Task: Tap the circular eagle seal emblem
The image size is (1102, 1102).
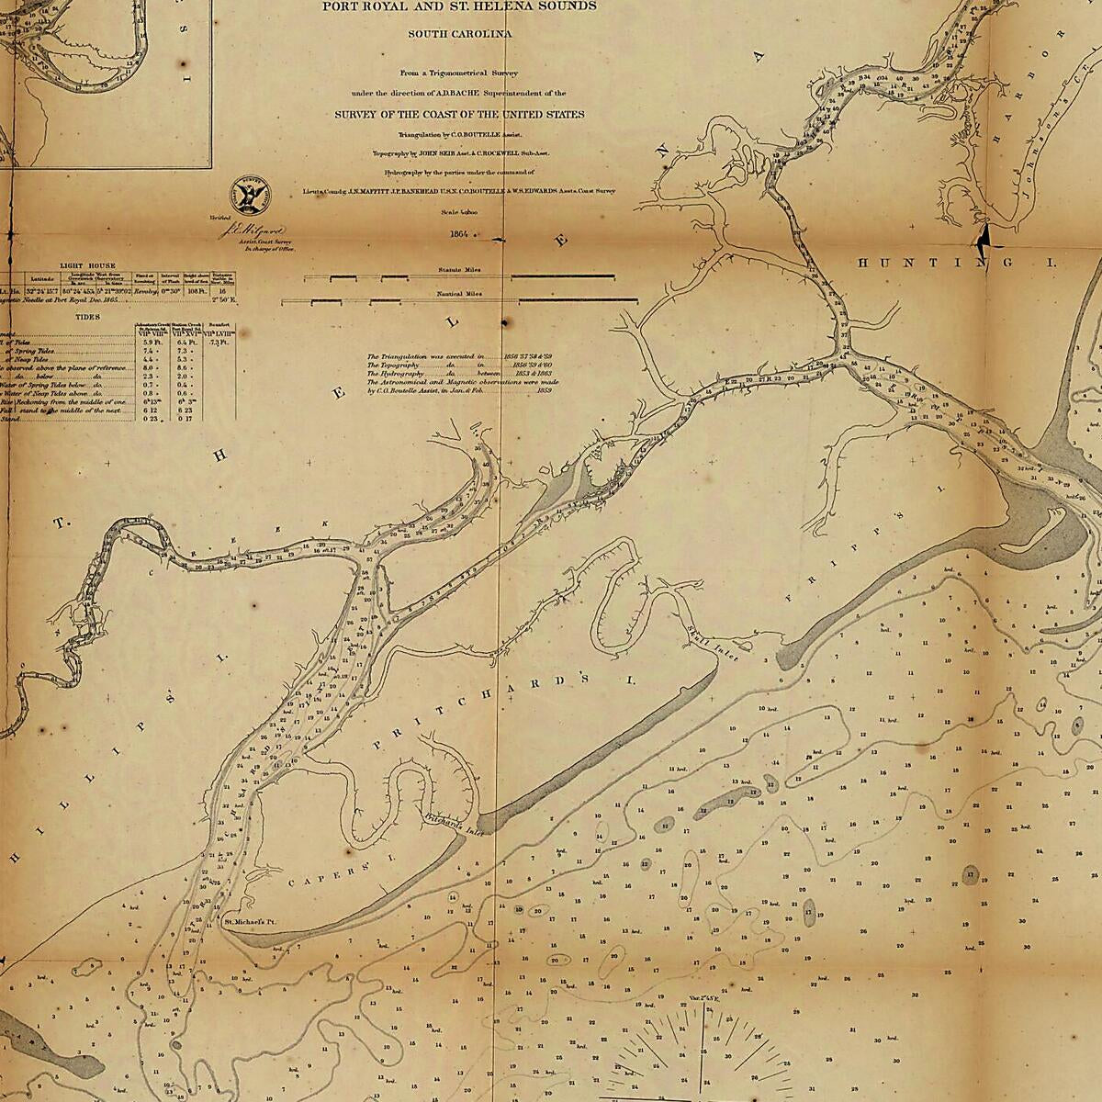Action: click(x=250, y=193)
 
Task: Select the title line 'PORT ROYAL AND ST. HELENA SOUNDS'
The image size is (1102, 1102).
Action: click(x=459, y=6)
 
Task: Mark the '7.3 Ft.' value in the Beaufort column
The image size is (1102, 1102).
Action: click(x=217, y=343)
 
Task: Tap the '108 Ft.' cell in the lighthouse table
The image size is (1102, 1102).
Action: click(x=195, y=289)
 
